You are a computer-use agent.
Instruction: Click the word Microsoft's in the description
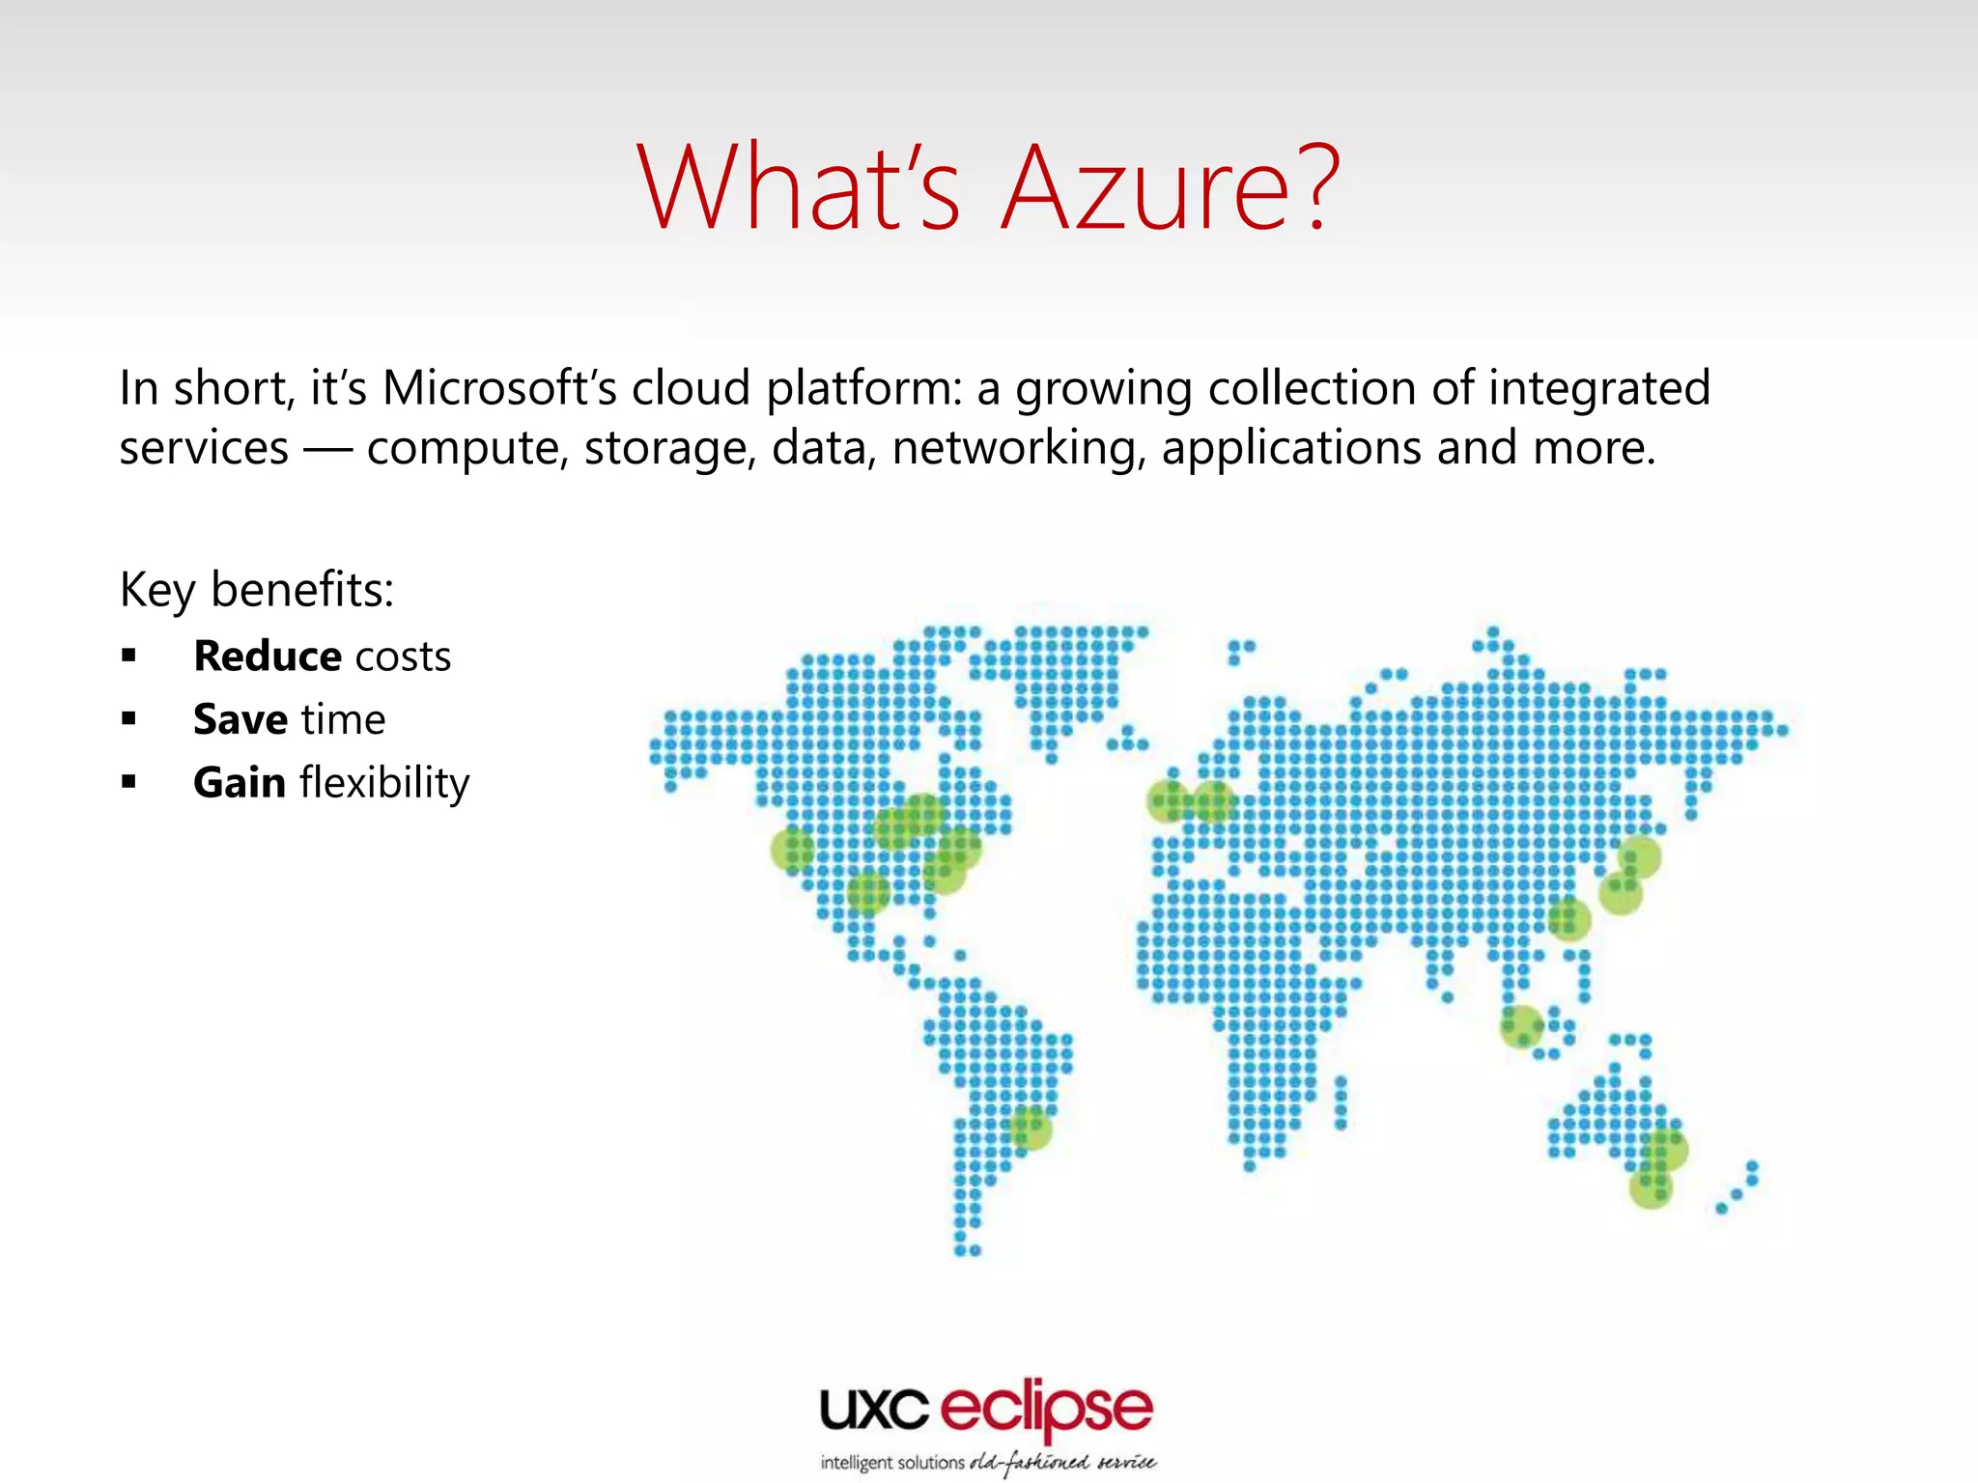tap(499, 388)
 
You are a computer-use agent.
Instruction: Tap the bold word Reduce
tap(268, 657)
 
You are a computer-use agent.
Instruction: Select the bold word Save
tap(240, 719)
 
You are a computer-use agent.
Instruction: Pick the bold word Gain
tap(240, 782)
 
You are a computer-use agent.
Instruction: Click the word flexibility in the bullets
tap(384, 782)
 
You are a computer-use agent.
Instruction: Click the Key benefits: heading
tap(257, 589)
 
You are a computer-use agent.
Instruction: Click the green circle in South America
tap(1031, 1128)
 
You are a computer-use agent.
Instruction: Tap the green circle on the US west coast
tap(792, 850)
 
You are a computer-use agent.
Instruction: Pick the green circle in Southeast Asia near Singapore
tap(1521, 1025)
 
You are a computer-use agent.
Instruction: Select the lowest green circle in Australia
tap(1651, 1188)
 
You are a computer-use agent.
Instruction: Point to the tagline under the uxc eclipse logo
tap(988, 1463)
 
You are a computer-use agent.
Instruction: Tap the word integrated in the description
tap(1599, 388)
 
